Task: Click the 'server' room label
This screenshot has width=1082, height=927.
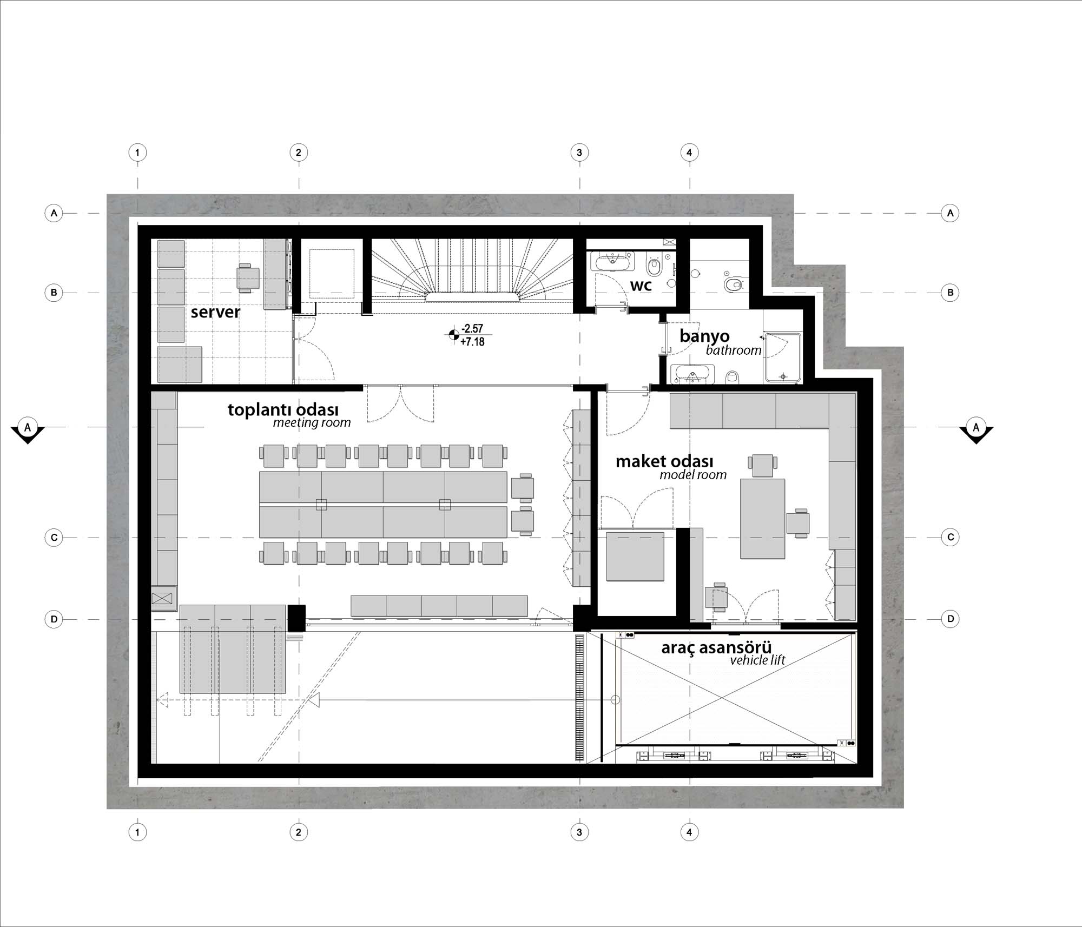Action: tap(215, 312)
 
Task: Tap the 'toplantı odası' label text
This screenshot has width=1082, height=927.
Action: tap(283, 409)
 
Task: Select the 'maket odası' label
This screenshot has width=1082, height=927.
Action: tap(664, 461)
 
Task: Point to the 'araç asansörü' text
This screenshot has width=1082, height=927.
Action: tap(716, 647)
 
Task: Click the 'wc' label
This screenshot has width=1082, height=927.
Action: tap(641, 286)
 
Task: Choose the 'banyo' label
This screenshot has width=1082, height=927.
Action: tap(704, 336)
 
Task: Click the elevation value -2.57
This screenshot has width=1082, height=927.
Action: tap(472, 329)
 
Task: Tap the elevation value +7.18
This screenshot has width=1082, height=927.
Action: tap(472, 342)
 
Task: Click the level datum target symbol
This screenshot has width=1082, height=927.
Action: tap(453, 335)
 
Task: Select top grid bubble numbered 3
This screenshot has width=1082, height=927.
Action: tap(579, 153)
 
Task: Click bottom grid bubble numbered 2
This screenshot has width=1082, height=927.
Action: tap(299, 832)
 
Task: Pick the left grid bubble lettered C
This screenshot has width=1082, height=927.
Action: tap(54, 538)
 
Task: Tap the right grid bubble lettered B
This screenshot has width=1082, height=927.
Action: tap(951, 293)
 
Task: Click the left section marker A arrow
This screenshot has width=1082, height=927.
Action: tap(28, 431)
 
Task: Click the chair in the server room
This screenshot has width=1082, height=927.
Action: tap(247, 278)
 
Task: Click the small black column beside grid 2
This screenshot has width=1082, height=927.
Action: tap(296, 618)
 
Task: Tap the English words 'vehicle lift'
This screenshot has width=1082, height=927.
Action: tap(757, 660)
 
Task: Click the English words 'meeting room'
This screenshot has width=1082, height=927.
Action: tap(312, 423)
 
